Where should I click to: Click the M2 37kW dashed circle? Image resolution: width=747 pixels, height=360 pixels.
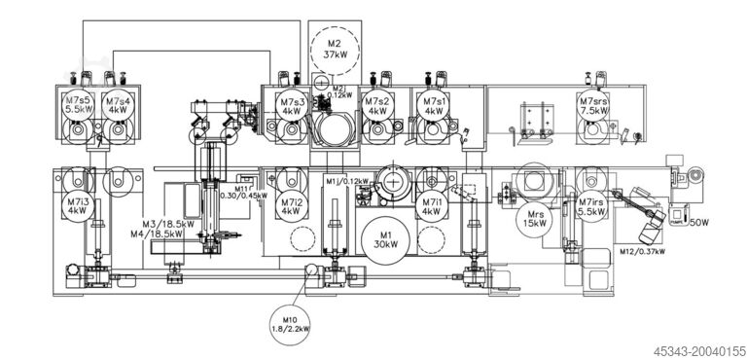point(334,50)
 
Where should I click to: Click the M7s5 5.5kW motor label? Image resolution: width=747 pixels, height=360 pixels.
point(77,105)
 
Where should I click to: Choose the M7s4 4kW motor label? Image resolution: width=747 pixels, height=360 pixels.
point(119,105)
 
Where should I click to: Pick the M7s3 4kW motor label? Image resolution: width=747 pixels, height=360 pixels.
point(291,106)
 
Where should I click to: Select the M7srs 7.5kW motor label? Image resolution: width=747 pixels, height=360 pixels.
point(593,105)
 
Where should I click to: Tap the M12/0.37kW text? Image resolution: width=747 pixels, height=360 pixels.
point(643,251)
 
